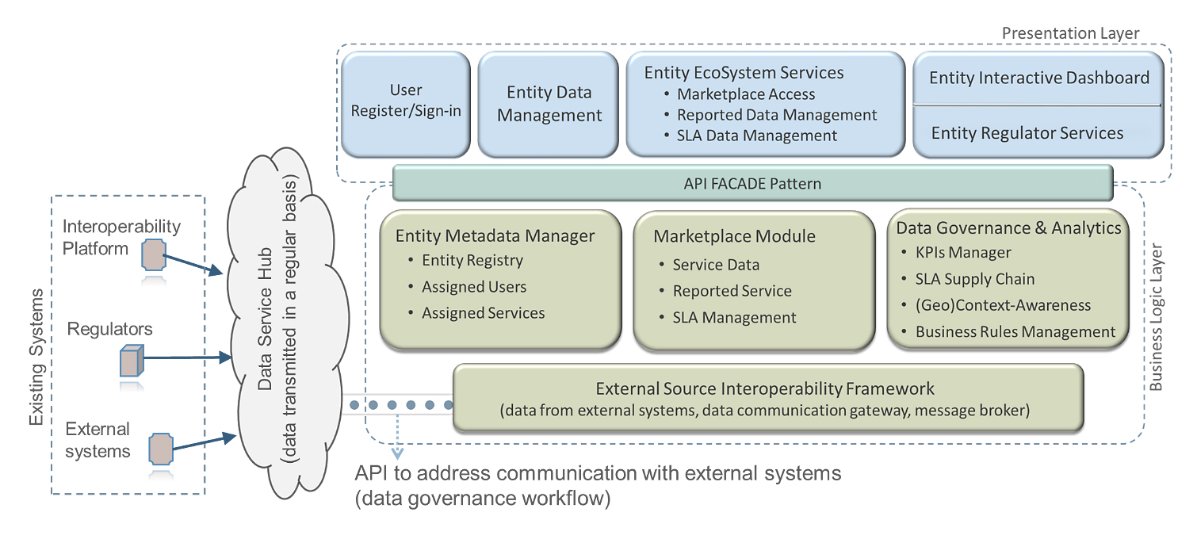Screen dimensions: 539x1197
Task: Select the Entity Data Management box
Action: click(549, 104)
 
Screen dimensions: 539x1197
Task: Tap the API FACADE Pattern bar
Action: click(752, 184)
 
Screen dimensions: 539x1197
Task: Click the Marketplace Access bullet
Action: click(745, 94)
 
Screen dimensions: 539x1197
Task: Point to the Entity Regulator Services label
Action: click(1027, 133)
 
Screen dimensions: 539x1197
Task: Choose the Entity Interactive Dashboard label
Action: click(1038, 78)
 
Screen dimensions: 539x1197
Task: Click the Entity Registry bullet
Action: click(472, 260)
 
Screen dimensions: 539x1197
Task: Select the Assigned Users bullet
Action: click(474, 287)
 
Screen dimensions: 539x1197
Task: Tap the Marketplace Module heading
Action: click(734, 236)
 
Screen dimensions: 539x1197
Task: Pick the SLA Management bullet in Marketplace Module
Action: click(734, 318)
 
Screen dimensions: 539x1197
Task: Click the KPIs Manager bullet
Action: click(963, 253)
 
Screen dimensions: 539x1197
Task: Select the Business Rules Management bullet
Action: click(1015, 332)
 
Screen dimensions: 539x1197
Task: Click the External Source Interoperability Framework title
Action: click(765, 389)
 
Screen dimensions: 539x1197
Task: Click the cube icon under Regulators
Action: click(129, 361)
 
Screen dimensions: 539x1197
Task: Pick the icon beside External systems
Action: click(161, 448)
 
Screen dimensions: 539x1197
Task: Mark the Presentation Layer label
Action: click(1070, 33)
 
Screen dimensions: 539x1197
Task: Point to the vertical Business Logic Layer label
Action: click(1156, 318)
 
